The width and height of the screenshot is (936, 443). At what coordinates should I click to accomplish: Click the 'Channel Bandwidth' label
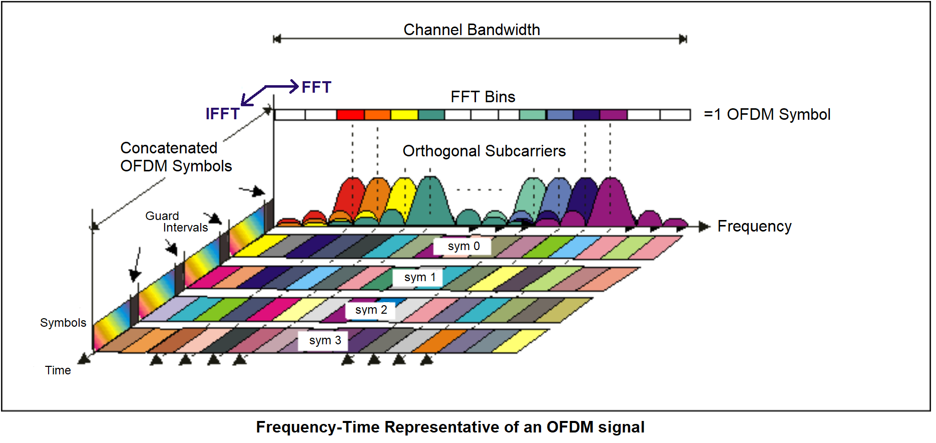[x=472, y=30]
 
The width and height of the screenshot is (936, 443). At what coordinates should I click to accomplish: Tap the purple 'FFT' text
[x=316, y=87]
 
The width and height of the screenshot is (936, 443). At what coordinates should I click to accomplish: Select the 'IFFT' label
[x=222, y=114]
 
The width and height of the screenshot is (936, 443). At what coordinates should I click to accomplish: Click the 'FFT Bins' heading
[x=483, y=97]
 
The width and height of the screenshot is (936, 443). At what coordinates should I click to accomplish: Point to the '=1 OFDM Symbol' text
[x=767, y=114]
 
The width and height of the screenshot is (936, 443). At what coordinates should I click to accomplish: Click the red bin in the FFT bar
[x=350, y=115]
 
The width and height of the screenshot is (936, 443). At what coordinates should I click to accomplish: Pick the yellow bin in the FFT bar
[x=404, y=115]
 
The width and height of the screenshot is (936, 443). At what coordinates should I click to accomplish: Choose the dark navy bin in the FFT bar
[x=586, y=115]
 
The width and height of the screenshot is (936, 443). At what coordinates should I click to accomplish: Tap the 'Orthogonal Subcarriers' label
[x=484, y=151]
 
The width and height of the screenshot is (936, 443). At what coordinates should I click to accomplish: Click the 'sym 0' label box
[x=463, y=246]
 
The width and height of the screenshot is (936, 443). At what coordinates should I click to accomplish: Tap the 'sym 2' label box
[x=371, y=310]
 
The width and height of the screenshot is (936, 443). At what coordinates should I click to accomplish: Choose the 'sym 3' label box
[x=325, y=340]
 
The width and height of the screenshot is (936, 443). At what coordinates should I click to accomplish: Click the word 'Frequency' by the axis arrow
[x=754, y=226]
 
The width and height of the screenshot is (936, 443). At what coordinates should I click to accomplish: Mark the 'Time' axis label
[x=58, y=370]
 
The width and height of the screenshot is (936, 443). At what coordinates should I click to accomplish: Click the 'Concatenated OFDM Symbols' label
[x=176, y=157]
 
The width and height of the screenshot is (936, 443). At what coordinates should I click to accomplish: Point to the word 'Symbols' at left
[x=63, y=323]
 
